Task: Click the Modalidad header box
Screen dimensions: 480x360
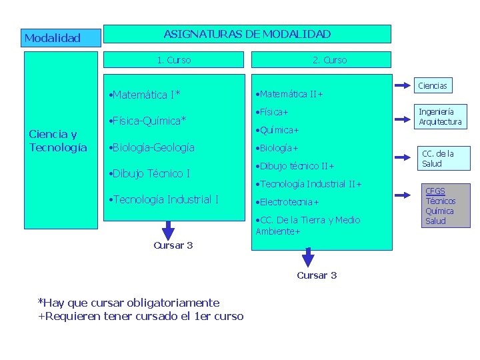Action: [x=61, y=38]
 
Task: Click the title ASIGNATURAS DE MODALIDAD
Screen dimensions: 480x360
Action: [x=247, y=34]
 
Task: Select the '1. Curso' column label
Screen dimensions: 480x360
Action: [x=174, y=60]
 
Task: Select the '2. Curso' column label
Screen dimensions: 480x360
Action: [x=329, y=60]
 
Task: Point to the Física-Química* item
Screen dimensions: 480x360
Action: [x=147, y=121]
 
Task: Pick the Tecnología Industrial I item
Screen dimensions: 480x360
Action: [x=163, y=199]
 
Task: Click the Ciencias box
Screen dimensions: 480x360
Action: [x=432, y=85]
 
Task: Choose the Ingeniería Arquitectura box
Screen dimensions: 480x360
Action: [x=440, y=117]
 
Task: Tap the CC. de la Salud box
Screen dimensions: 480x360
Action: [x=437, y=159]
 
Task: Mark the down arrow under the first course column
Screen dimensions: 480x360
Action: [x=169, y=229]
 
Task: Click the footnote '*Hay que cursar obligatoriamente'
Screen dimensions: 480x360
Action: [x=129, y=303]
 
